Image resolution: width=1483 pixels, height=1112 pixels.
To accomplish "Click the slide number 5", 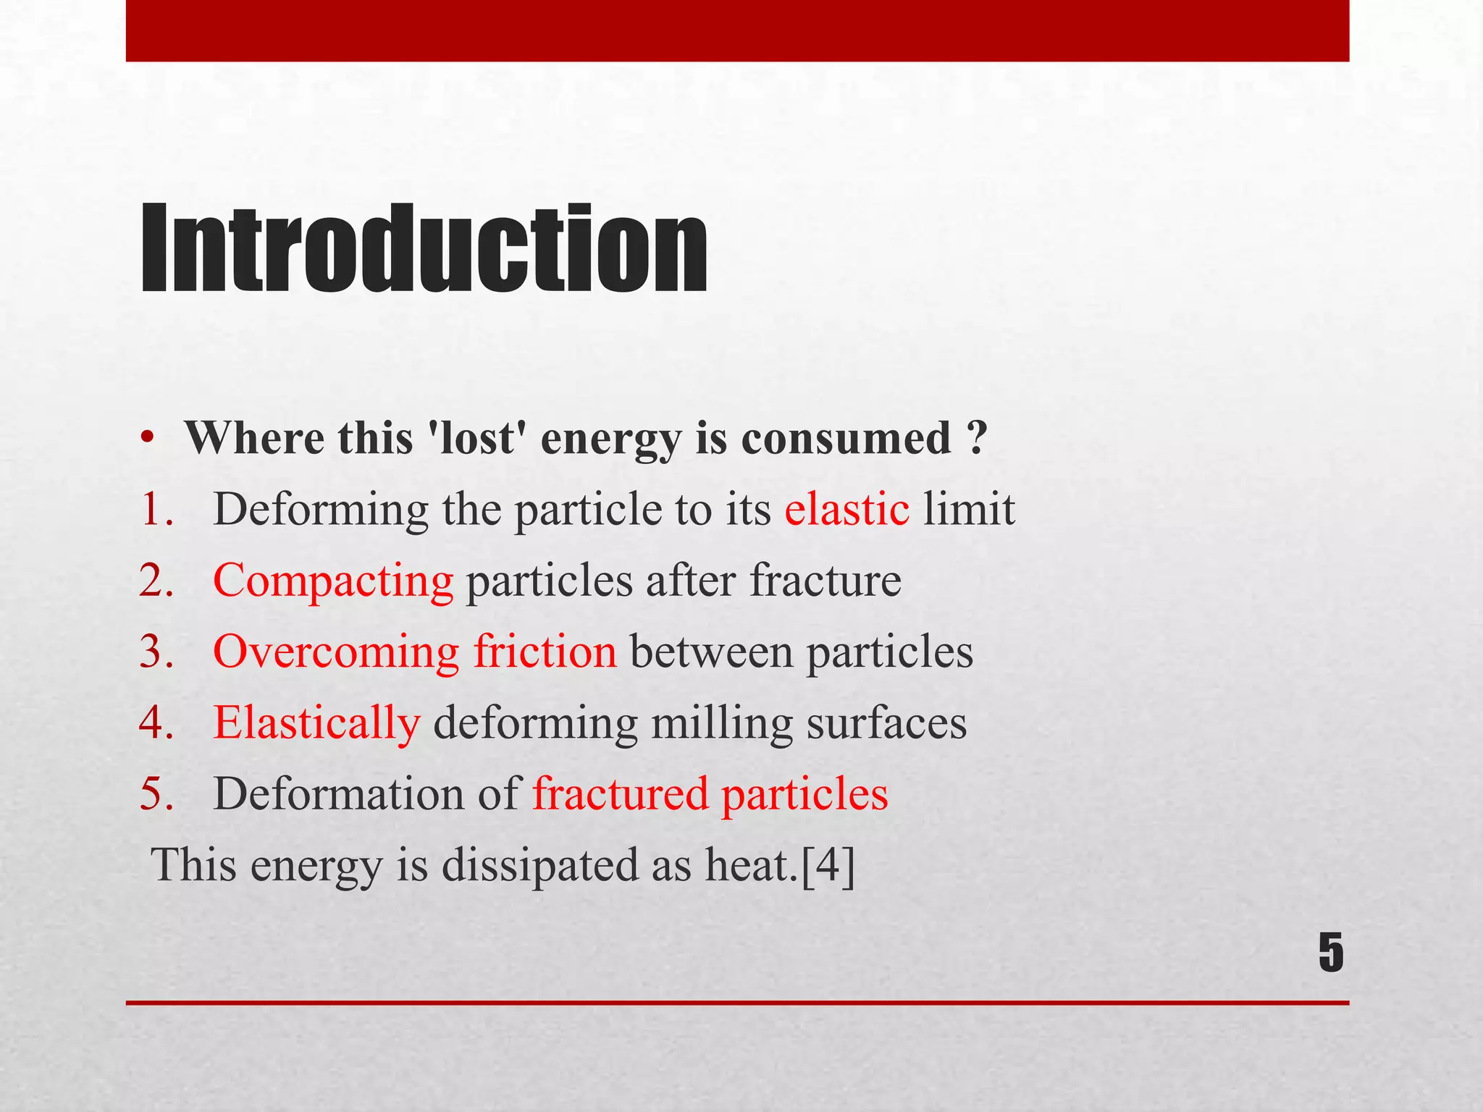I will click(1331, 953).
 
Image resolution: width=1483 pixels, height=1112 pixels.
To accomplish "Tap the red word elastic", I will click(846, 509).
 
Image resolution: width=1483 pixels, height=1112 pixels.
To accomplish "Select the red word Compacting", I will click(333, 581).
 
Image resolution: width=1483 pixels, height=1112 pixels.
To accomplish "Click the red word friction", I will click(545, 651).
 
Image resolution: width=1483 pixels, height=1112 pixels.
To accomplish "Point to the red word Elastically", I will click(316, 723).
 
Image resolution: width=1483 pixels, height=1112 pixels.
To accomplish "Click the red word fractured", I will click(621, 793).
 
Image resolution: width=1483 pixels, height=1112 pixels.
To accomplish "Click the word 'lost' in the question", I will click(478, 438).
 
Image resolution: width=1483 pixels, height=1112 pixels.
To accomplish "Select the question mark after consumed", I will click(976, 438).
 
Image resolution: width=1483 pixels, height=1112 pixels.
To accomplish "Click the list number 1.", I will click(156, 509).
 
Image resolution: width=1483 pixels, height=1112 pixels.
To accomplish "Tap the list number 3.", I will click(156, 651).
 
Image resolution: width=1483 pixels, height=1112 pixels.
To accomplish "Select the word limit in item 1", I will click(969, 509).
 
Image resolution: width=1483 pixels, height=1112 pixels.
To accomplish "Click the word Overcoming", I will click(336, 651).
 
